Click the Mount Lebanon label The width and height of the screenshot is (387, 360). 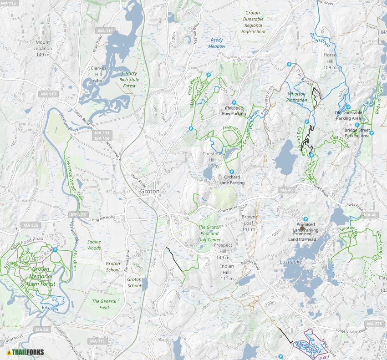tap(43, 48)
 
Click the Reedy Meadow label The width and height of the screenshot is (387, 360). tap(217, 43)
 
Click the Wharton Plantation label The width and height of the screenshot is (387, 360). tap(297, 97)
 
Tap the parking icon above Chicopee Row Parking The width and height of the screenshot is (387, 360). tap(234, 103)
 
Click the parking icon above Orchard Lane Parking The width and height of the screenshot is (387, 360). tap(232, 172)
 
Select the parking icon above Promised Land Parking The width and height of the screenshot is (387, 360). tap(306, 219)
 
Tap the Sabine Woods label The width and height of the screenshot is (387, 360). tap(94, 245)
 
